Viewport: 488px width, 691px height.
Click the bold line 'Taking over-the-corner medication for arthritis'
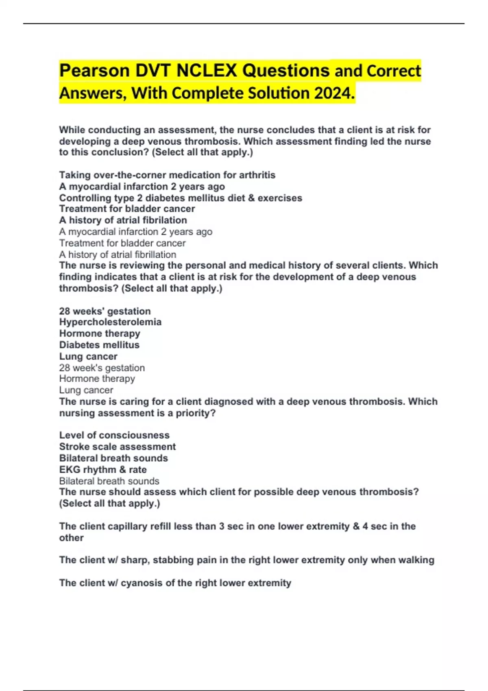pyautogui.click(x=167, y=175)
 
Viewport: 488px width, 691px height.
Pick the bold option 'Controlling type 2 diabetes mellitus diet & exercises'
pyautogui.click(x=181, y=198)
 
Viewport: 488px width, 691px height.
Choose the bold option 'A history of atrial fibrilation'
pyautogui.click(x=123, y=220)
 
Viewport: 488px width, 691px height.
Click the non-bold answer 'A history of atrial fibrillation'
pyautogui.click(x=118, y=254)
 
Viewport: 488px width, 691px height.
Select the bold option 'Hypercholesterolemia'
pyautogui.click(x=110, y=322)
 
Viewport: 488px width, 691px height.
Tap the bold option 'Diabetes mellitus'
pyautogui.click(x=99, y=345)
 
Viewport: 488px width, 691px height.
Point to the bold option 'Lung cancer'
pyautogui.click(x=88, y=356)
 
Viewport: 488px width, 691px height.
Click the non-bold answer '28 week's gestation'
pyautogui.click(x=102, y=368)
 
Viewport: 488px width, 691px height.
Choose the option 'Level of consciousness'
pyautogui.click(x=114, y=435)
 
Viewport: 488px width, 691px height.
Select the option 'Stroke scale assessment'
pyautogui.click(x=117, y=447)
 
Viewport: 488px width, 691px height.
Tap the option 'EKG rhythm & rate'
pyautogui.click(x=103, y=469)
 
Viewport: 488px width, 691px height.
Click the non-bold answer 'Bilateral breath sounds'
pyautogui.click(x=109, y=481)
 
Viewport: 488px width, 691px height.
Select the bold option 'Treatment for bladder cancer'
pyautogui.click(x=127, y=209)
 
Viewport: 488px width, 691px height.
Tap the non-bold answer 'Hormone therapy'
pyautogui.click(x=97, y=379)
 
